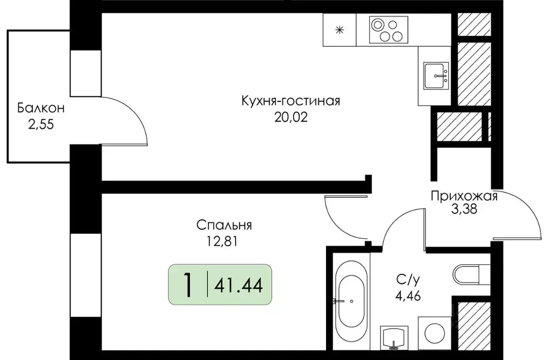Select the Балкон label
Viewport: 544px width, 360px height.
(41, 109)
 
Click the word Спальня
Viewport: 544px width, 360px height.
(224, 225)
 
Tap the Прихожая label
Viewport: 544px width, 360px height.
(464, 197)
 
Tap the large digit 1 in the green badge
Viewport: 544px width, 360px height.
(187, 286)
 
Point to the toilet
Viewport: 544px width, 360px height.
(471, 275)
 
